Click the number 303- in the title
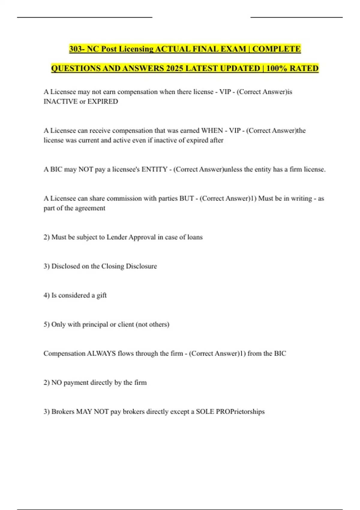pos(77,49)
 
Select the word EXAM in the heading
pos(233,49)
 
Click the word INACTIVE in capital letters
pos(60,101)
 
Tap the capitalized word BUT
pos(186,198)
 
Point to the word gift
pos(101,295)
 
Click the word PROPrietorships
pos(240,412)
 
